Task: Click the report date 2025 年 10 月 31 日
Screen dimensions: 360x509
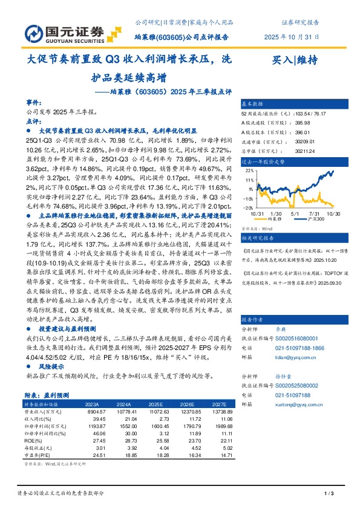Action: click(292, 37)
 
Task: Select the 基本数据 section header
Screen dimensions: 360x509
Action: click(253, 104)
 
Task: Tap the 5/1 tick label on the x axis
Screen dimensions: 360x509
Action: click(295, 213)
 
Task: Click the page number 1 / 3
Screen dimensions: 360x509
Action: click(329, 494)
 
